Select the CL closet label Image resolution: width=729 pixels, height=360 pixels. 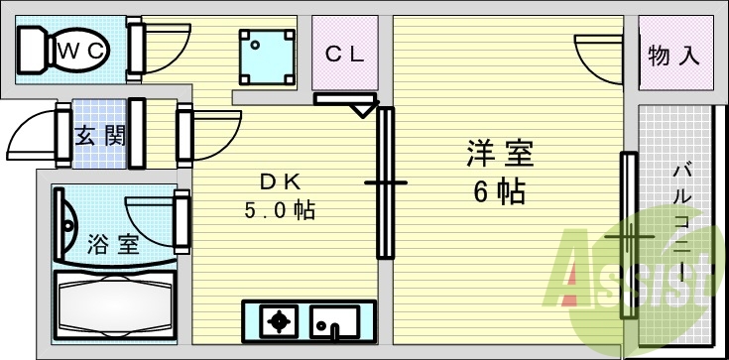tap(346, 55)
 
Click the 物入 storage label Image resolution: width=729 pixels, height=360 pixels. tap(674, 56)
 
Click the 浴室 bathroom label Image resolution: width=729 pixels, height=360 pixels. tap(114, 244)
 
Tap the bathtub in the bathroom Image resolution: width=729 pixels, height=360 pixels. tap(114, 308)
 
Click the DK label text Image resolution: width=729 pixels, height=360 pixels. tap(280, 180)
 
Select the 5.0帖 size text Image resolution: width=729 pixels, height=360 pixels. tap(280, 210)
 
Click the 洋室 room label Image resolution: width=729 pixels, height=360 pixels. tap(501, 154)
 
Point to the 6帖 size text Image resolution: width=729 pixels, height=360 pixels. tap(499, 191)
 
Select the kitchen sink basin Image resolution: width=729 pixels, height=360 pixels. tap(333, 321)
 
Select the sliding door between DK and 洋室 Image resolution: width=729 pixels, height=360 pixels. tap(385, 182)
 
